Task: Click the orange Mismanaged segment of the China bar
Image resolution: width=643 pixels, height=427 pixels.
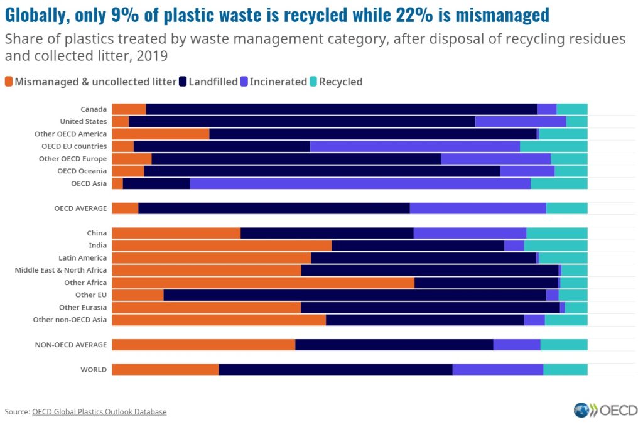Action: click(x=176, y=233)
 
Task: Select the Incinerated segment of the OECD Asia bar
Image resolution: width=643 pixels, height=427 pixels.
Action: click(x=360, y=183)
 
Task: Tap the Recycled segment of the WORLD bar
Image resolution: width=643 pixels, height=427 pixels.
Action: click(x=565, y=369)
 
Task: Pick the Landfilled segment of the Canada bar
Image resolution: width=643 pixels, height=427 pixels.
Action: click(x=341, y=109)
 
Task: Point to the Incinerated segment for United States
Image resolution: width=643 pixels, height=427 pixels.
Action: click(x=521, y=121)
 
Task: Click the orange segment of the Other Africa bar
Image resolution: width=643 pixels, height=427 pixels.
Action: click(x=262, y=283)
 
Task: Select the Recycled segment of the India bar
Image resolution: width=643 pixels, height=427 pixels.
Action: click(x=556, y=245)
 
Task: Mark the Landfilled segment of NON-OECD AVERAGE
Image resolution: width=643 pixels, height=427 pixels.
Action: click(x=394, y=344)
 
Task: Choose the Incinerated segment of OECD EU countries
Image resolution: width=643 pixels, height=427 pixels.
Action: click(x=414, y=146)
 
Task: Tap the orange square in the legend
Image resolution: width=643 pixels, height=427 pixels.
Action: click(x=9, y=82)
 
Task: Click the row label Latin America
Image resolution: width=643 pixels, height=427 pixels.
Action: click(x=82, y=257)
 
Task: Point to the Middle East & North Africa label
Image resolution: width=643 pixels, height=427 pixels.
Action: click(x=61, y=270)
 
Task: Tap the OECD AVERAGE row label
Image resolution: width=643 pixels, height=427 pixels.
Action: click(x=80, y=208)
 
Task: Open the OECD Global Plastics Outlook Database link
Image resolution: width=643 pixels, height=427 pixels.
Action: click(x=99, y=412)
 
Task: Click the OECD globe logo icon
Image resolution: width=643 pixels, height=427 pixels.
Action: click(x=581, y=411)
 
